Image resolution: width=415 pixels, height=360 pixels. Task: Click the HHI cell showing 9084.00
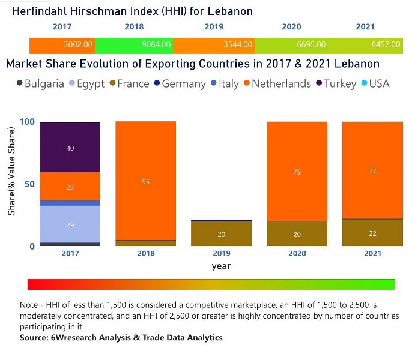(133, 44)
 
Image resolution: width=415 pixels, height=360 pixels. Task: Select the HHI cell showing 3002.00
(62, 44)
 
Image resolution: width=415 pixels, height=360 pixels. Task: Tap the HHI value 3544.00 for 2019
(214, 44)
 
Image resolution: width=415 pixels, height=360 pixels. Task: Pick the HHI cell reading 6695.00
(294, 44)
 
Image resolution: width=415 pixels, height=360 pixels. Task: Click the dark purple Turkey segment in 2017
(70, 148)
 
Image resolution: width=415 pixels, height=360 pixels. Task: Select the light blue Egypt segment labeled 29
(70, 224)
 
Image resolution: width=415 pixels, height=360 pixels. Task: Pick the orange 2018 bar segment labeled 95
(146, 181)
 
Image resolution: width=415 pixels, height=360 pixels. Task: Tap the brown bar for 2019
(222, 234)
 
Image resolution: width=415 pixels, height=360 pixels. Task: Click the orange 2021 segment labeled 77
(372, 170)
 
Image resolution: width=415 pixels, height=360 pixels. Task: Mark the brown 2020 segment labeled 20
(297, 234)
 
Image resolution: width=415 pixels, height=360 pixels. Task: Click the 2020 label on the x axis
(297, 254)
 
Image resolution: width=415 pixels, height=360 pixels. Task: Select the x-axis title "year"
(221, 266)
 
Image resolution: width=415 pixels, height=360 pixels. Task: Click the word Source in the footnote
(34, 338)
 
